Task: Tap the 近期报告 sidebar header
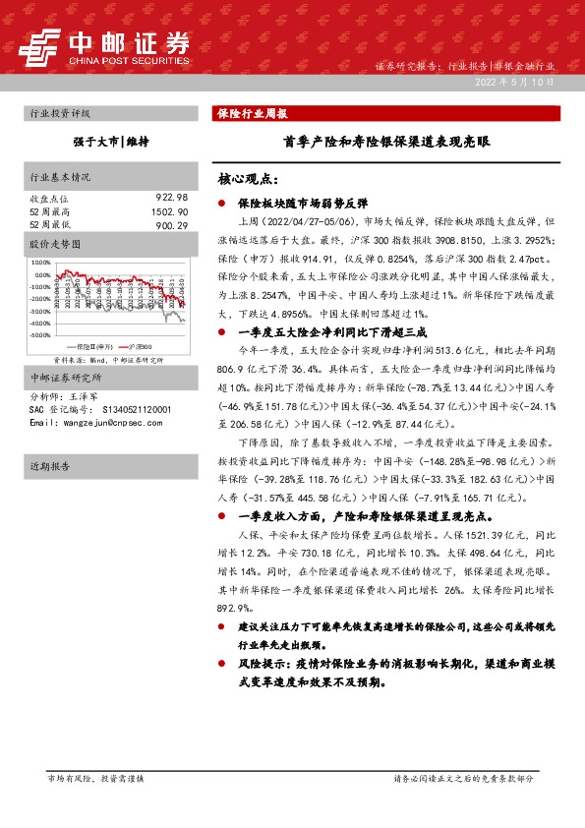tap(50, 466)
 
